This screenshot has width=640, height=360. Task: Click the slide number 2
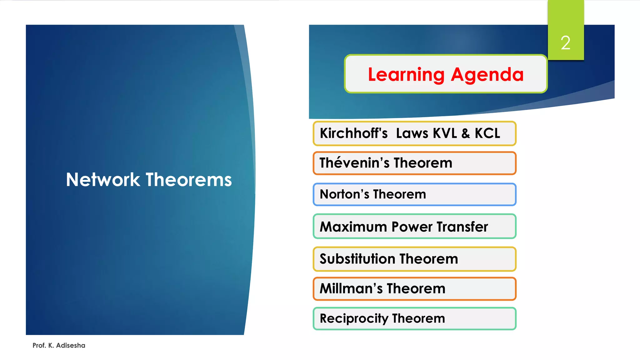[x=565, y=43]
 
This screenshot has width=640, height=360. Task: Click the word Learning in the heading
[x=406, y=75]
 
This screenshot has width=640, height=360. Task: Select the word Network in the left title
[x=103, y=180]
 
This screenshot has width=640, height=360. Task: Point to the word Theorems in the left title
[x=189, y=180]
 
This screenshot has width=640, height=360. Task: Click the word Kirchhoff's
[x=353, y=133]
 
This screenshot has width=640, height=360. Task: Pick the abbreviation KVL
[x=445, y=133]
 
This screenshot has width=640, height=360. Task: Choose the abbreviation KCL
[x=487, y=133]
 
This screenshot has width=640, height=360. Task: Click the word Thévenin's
[x=354, y=163]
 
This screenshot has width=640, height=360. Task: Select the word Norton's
[x=344, y=194]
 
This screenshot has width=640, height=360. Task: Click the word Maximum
[x=353, y=227]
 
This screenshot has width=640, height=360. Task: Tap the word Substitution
[x=357, y=259]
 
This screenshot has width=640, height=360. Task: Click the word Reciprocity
[x=354, y=318]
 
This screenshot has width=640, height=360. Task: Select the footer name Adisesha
[x=71, y=345]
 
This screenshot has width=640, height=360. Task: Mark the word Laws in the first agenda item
[x=412, y=133]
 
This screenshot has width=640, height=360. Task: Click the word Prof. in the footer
[x=39, y=345]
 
